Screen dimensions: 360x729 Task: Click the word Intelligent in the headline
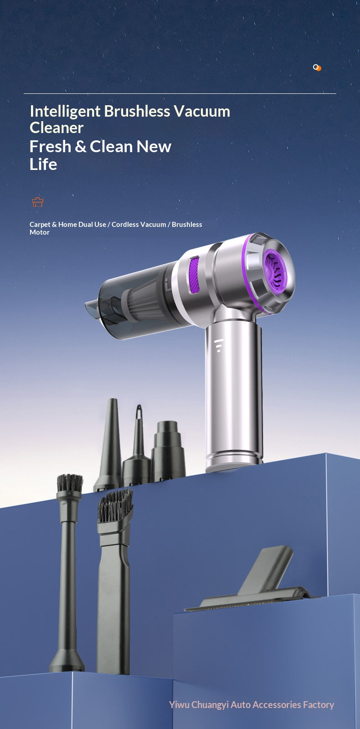65,112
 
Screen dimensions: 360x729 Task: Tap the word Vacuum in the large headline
202,111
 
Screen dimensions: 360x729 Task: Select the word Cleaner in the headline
57,128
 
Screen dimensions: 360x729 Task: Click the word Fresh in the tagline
51,146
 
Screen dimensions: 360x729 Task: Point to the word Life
43,164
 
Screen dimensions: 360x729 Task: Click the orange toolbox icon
38,202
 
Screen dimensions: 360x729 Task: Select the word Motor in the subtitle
39,232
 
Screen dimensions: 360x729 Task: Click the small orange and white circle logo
317,67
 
